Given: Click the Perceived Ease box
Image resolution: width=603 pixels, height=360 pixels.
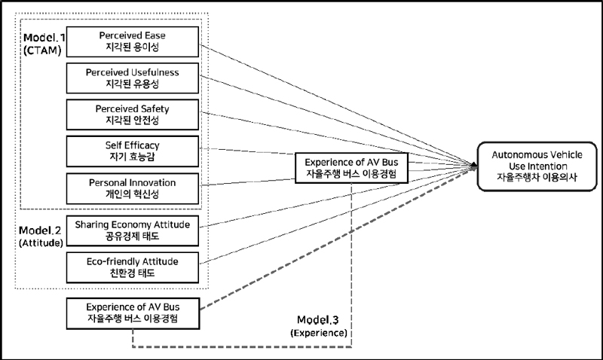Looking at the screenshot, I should click(132, 41).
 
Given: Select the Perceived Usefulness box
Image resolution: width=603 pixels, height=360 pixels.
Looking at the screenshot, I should click(132, 78).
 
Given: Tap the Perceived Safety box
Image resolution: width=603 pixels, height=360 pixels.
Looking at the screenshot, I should click(132, 114).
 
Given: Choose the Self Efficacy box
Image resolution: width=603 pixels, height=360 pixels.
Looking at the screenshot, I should click(132, 151).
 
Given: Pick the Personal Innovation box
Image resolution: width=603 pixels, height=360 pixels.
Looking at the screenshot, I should click(132, 188).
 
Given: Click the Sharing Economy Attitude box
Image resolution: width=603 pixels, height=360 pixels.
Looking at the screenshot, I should click(132, 230).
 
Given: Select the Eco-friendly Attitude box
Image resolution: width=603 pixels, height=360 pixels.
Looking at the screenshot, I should click(132, 267).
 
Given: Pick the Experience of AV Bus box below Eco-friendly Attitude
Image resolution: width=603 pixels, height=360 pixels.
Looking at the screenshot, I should click(132, 313).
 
